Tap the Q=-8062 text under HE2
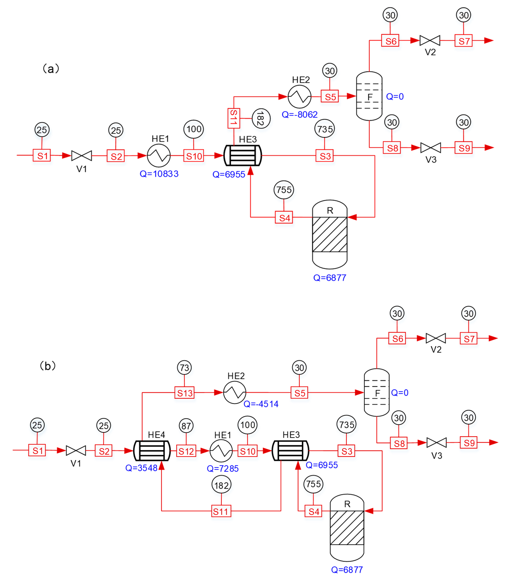[300, 115]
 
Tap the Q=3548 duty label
[141, 468]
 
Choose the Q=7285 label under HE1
[223, 468]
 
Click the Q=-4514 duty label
[261, 404]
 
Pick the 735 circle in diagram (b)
[346, 424]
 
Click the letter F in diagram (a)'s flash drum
[370, 97]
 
